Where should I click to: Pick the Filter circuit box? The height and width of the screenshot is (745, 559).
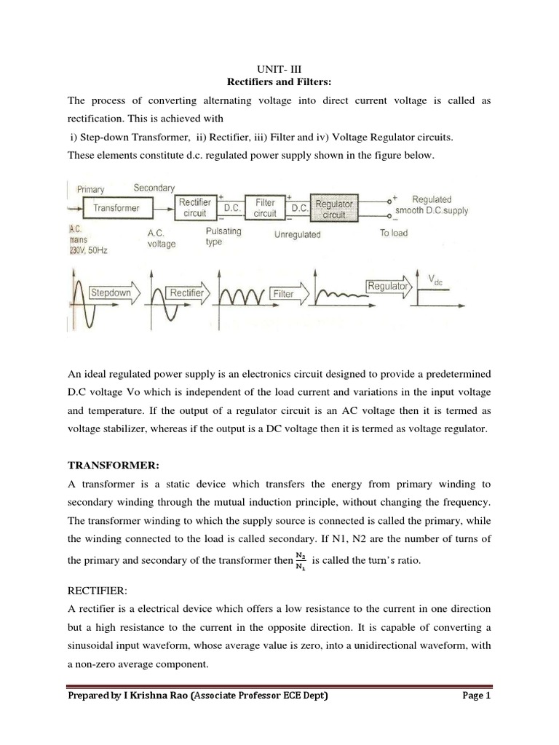(x=265, y=207)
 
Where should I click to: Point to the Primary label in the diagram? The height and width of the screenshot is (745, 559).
(x=91, y=189)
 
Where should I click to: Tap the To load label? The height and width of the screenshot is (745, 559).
(x=394, y=233)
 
